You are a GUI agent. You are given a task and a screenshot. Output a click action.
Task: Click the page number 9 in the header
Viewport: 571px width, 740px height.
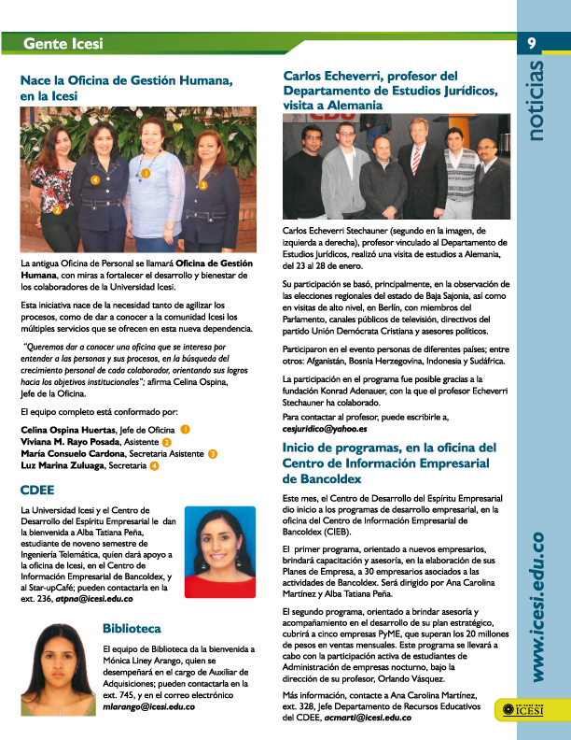pyautogui.click(x=531, y=43)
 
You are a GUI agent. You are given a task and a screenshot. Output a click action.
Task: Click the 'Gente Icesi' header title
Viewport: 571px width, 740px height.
pyautogui.click(x=63, y=44)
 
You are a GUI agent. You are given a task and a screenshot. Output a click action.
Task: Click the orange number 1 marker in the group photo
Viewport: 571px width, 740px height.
pyautogui.click(x=146, y=174)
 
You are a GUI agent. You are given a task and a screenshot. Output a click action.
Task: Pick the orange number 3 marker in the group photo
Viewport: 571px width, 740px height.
pyautogui.click(x=202, y=186)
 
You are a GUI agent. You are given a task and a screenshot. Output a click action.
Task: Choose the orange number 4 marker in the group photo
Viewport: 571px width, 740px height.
pyautogui.click(x=94, y=178)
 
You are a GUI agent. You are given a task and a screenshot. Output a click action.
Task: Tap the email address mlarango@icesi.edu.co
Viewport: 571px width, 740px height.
pyautogui.click(x=149, y=706)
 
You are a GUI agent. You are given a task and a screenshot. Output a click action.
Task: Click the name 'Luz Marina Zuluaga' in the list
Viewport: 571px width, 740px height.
pyautogui.click(x=63, y=465)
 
